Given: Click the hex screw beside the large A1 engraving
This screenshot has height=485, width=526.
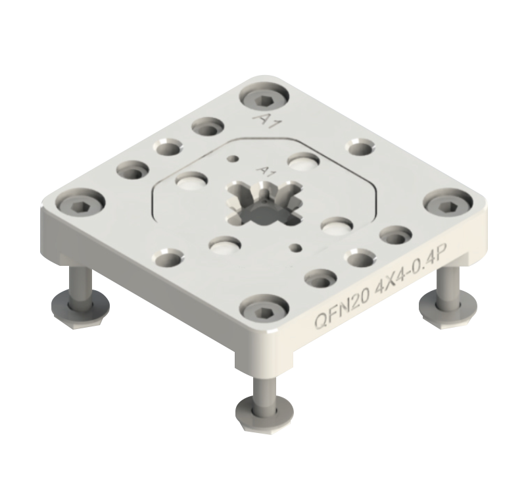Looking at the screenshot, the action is click(x=264, y=97).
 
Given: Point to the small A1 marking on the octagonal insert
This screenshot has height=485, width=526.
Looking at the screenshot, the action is click(x=266, y=172).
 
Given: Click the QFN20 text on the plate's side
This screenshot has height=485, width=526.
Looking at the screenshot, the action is click(x=341, y=309).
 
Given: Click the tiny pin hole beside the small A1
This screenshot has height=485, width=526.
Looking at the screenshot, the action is click(x=233, y=159).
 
